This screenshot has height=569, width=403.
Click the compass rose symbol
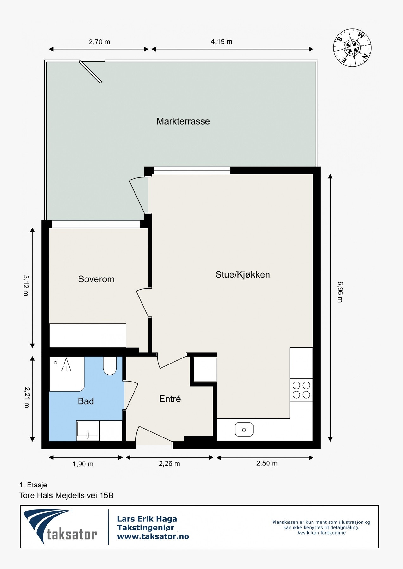coord(352,48)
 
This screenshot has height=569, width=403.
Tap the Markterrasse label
coord(183,121)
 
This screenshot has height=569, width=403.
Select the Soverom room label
coord(96,279)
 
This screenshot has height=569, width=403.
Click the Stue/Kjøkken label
coord(242,274)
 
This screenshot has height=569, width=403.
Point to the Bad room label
coord(86,401)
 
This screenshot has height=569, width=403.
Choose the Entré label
coord(170,399)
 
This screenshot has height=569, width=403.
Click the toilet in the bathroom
coord(110,366)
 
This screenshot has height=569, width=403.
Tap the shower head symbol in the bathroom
coord(66,364)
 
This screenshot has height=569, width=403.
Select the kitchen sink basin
coord(244,430)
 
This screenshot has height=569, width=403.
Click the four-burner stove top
coord(301,390)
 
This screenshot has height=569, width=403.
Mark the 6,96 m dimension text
coord(340,292)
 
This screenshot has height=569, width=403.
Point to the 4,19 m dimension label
coord(222,42)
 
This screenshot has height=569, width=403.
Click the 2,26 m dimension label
coord(169,463)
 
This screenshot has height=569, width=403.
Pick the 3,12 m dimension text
coord(26,285)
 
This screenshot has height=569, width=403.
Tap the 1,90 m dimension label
coord(83,464)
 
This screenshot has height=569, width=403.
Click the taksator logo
coord(60,526)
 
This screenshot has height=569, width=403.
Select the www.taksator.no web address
coord(153,536)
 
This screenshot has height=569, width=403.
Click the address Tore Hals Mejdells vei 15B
coord(66,495)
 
